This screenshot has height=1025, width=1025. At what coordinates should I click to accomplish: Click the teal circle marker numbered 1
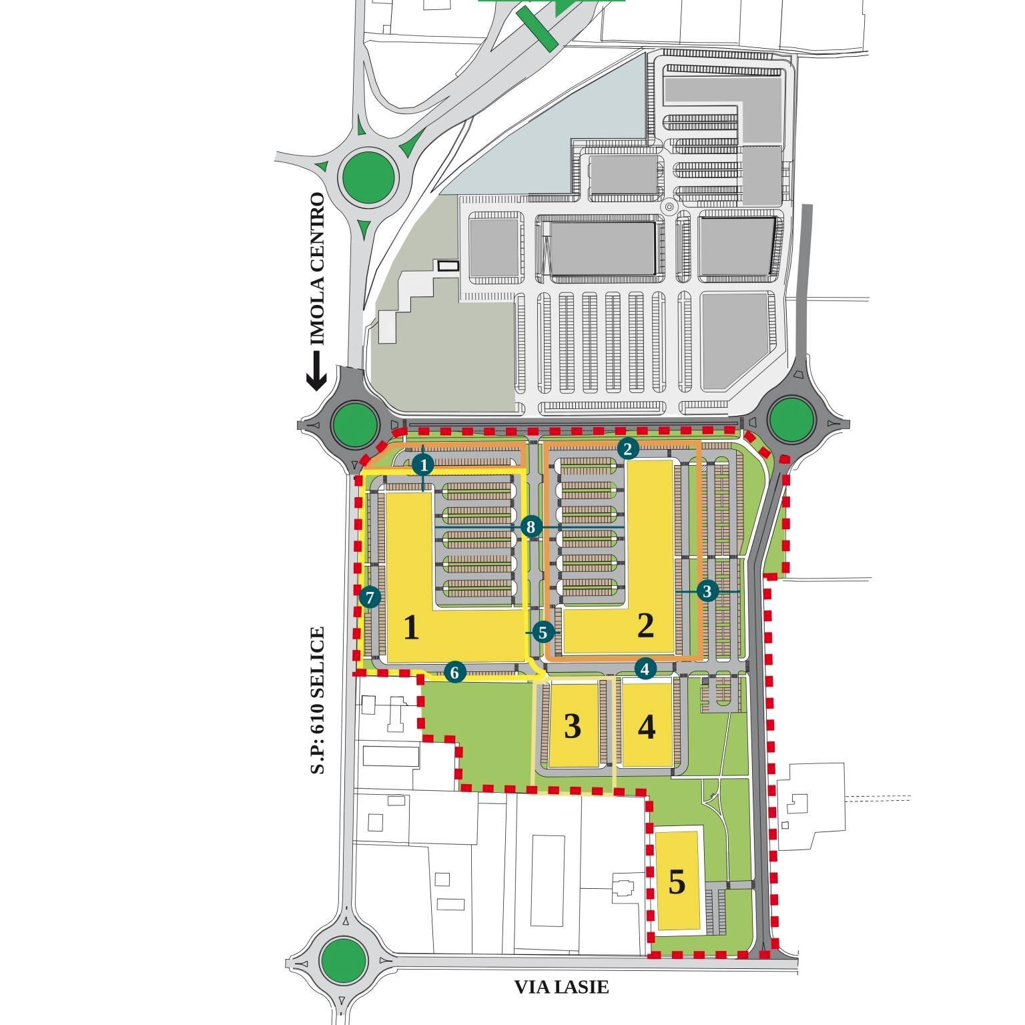tap(423, 463)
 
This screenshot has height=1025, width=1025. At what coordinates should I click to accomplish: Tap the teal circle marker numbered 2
tap(627, 448)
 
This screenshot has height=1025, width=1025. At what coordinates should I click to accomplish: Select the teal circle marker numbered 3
tap(707, 591)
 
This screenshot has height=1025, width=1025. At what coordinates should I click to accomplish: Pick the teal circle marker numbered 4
tap(645, 667)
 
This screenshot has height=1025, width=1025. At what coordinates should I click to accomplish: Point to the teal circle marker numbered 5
tap(543, 631)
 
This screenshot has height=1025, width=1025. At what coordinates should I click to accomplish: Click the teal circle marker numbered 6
tap(454, 672)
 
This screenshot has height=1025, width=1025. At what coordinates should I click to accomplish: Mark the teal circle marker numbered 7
tap(369, 597)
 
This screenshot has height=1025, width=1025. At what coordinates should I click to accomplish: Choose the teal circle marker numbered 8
tap(531, 527)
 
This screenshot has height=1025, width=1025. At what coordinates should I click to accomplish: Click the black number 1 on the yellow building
tap(412, 628)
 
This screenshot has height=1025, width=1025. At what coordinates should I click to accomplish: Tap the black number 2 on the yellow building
tap(645, 626)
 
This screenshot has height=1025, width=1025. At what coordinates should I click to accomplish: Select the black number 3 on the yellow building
tap(573, 726)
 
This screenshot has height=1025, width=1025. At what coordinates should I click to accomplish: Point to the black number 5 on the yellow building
tap(677, 882)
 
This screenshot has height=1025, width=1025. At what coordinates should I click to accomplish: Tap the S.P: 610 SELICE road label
tap(318, 700)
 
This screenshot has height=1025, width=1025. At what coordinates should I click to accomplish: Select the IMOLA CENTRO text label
tap(318, 269)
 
